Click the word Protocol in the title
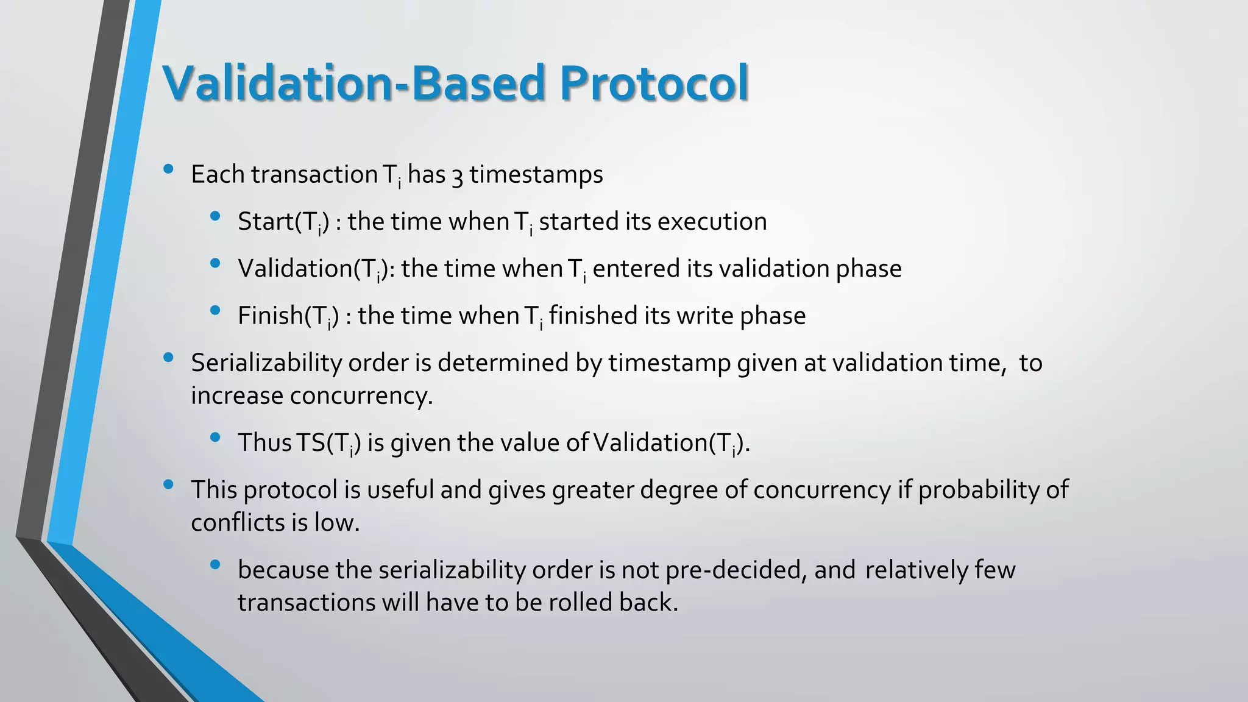653,83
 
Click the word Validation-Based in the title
353,83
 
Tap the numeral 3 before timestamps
457,175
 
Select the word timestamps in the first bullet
536,175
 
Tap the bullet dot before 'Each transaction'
169,169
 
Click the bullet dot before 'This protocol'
169,485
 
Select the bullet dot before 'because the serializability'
214,565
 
